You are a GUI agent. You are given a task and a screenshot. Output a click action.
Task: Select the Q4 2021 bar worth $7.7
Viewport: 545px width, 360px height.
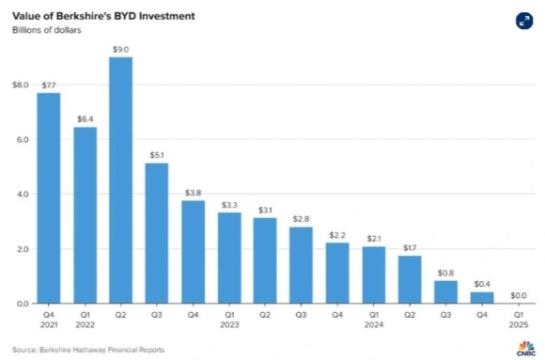[x=49, y=197]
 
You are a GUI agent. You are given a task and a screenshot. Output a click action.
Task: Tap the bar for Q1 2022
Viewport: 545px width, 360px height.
[x=86, y=215]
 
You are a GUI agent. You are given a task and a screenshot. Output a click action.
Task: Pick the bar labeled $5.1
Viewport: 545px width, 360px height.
[x=157, y=233]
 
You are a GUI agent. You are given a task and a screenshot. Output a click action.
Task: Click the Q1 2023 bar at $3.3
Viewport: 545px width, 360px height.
[x=229, y=258]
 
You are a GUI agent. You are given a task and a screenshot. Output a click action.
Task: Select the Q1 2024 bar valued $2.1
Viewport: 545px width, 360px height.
[x=374, y=274]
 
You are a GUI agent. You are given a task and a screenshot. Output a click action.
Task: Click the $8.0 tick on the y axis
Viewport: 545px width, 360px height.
[x=20, y=85]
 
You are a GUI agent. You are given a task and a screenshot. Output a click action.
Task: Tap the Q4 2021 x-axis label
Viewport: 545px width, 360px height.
[x=49, y=321]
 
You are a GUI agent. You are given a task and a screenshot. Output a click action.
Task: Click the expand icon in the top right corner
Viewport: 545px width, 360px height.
[x=522, y=22]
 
